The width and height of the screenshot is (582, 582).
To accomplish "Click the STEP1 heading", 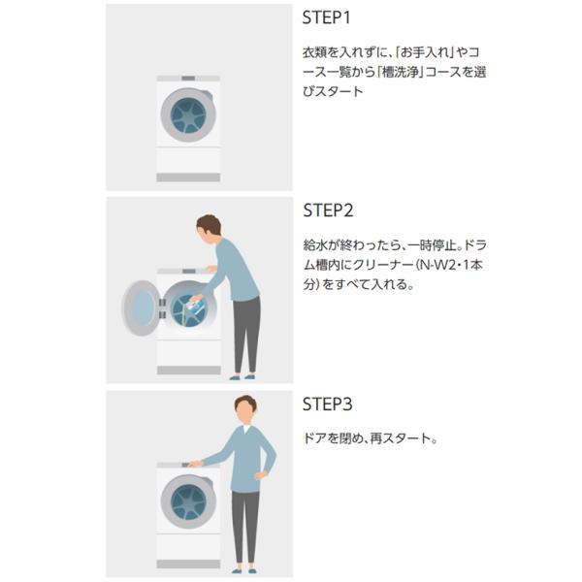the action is click(x=326, y=17).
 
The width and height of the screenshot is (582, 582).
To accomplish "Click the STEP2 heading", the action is click(x=328, y=210).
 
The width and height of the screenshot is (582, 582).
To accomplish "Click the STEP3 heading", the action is click(x=328, y=404).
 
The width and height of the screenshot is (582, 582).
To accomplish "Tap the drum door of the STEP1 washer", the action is click(x=188, y=115).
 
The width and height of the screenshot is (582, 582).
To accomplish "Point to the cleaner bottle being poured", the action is click(x=196, y=306).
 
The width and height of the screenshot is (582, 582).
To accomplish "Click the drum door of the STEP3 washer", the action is click(x=188, y=501).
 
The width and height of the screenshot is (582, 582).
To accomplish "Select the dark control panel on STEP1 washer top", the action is click(x=188, y=79).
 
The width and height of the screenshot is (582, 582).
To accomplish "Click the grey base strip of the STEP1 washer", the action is click(x=188, y=178).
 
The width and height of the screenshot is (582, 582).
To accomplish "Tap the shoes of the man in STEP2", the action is click(x=242, y=377).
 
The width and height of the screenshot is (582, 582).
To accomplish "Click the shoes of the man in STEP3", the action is click(x=243, y=570).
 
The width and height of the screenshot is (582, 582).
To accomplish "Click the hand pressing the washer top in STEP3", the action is click(x=196, y=464).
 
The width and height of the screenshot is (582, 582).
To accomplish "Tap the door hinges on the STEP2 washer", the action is click(x=162, y=308).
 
